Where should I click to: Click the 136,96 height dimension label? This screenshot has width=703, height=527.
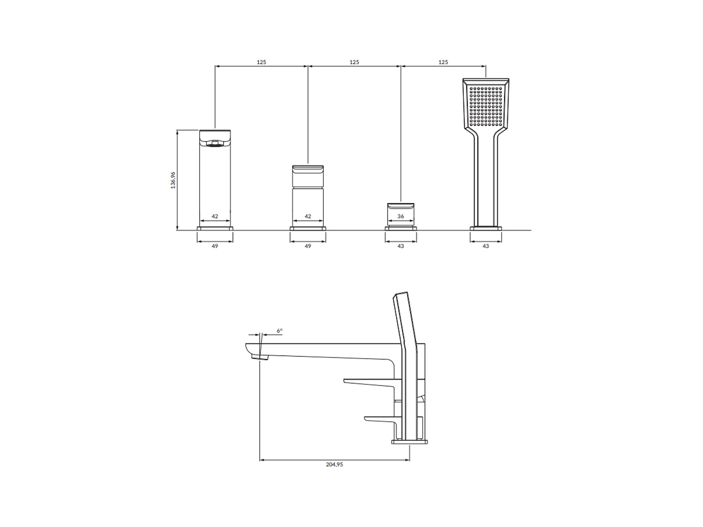click(x=173, y=180)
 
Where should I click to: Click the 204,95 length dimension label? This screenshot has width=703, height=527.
click(x=334, y=465)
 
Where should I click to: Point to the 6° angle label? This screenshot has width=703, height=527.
click(x=280, y=331)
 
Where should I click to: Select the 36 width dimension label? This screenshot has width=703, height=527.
click(x=401, y=217)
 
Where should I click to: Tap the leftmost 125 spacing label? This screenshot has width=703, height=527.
click(x=262, y=62)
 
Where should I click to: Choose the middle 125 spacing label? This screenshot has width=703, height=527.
click(x=354, y=62)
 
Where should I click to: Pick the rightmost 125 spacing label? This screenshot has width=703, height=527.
click(x=443, y=62)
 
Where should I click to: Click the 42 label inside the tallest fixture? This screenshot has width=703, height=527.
click(x=215, y=217)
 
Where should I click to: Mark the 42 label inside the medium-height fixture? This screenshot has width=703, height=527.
click(x=308, y=217)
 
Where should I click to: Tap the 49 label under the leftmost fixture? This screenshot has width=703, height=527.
click(x=215, y=246)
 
